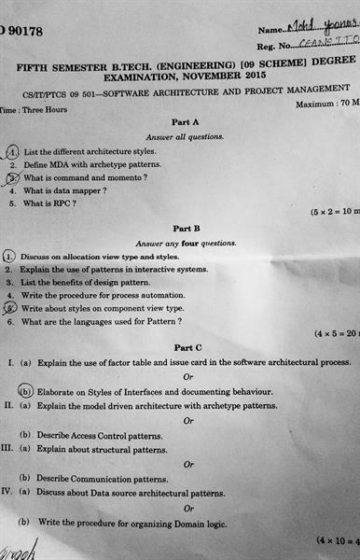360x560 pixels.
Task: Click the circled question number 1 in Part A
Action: point(12,151)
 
